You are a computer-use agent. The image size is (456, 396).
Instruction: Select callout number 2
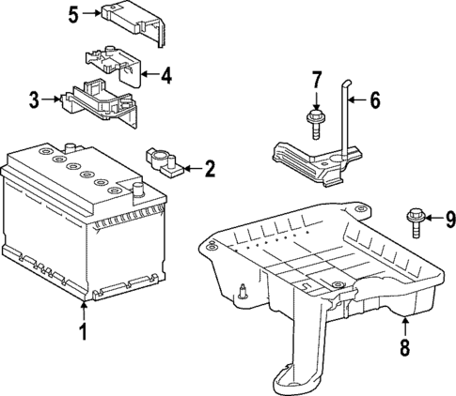(209, 169)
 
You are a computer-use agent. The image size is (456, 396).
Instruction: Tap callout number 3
(33, 99)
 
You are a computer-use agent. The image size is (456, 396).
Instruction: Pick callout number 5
(72, 13)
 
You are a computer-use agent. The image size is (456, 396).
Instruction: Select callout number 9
(449, 220)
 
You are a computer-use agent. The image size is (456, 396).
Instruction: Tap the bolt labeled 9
(415, 223)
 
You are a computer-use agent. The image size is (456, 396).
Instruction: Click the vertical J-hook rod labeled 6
(347, 122)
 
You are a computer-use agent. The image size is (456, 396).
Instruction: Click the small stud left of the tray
(244, 290)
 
